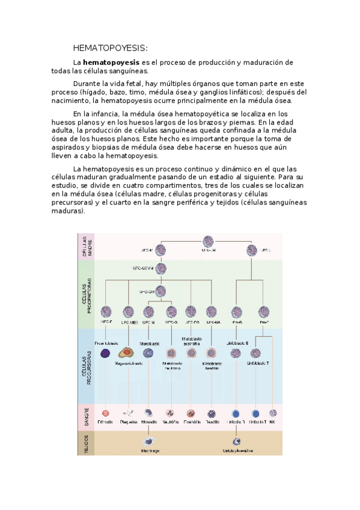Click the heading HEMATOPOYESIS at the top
[x=110, y=48]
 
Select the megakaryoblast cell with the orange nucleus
[x=126, y=354]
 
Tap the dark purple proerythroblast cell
[x=106, y=354]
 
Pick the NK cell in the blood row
[x=272, y=413]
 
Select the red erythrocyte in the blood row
[x=106, y=413]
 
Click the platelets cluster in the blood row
[x=127, y=413]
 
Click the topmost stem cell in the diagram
[x=209, y=241]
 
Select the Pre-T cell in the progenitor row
[x=263, y=312]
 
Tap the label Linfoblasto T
[x=259, y=363]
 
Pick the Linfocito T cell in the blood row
[x=256, y=413]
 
